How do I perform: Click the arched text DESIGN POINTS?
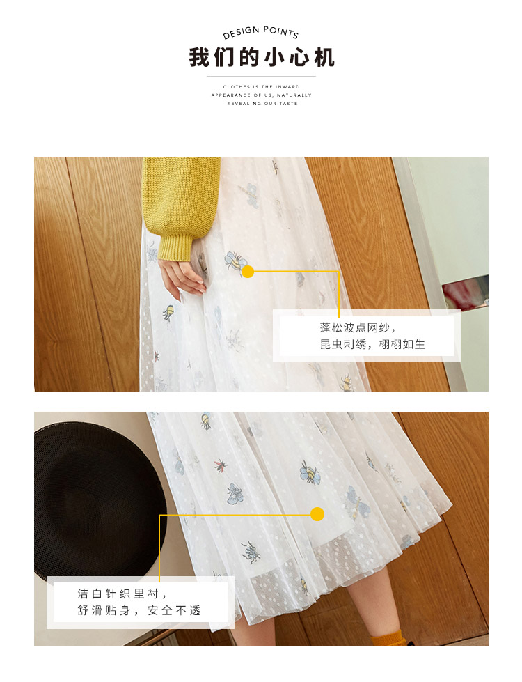(x=261, y=32)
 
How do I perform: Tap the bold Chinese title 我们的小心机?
(x=261, y=57)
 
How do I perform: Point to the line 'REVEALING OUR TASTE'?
(x=262, y=104)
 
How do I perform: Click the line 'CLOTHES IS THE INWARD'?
(x=261, y=87)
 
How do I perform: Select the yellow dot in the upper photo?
(x=248, y=272)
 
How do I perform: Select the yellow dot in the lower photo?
(x=317, y=514)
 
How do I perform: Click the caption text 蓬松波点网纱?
(x=354, y=327)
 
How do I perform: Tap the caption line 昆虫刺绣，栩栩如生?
(x=372, y=344)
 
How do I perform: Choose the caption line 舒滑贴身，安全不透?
(x=139, y=611)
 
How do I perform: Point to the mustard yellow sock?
(x=387, y=639)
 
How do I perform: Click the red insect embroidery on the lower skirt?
(x=221, y=466)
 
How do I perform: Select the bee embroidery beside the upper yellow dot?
(x=235, y=261)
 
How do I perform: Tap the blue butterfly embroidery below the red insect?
(x=235, y=494)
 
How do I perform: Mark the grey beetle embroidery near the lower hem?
(x=251, y=552)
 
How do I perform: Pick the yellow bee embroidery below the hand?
(x=168, y=312)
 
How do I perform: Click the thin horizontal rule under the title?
(x=261, y=77)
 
